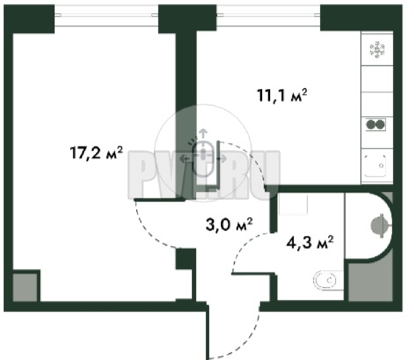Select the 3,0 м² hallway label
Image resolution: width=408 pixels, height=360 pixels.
click(x=229, y=225)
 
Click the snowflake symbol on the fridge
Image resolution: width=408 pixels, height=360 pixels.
click(x=377, y=50)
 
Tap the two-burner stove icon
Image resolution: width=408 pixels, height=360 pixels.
click(x=376, y=124)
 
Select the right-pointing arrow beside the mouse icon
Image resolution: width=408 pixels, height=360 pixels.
click(x=221, y=159)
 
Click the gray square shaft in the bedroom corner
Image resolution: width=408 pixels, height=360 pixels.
click(x=25, y=288)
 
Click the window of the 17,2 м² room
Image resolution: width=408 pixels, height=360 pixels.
click(x=106, y=15)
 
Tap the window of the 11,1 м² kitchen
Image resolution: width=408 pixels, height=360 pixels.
click(x=268, y=15)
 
